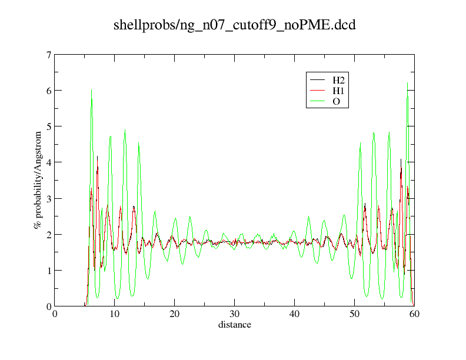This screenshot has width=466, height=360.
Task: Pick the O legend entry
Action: pos(336,102)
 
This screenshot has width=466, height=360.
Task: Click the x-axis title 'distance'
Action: pos(235,325)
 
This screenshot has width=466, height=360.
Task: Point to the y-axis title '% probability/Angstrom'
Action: pos(38,181)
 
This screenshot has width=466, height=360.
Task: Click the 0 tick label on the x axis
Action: pos(55,315)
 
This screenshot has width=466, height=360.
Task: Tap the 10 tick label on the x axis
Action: pos(115,315)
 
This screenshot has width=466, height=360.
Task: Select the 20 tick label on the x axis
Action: pos(175,315)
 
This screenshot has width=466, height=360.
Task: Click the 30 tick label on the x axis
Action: pos(235,315)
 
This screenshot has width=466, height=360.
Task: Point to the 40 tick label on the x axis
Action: pos(295,315)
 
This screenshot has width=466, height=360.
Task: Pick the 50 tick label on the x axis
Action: pos(355,315)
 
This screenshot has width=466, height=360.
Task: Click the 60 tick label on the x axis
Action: pos(415,315)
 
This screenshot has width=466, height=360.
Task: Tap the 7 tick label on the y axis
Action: pos(49,55)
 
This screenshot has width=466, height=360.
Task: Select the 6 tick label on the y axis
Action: pos(49,91)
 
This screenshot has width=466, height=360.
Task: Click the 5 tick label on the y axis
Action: pos(49,126)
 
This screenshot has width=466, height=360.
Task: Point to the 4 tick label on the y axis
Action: pos(49,162)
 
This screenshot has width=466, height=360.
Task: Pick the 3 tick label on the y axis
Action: pos(49,198)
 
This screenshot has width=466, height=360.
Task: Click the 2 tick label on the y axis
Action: pos(49,234)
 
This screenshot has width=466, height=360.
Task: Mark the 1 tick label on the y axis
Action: pos(49,270)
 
